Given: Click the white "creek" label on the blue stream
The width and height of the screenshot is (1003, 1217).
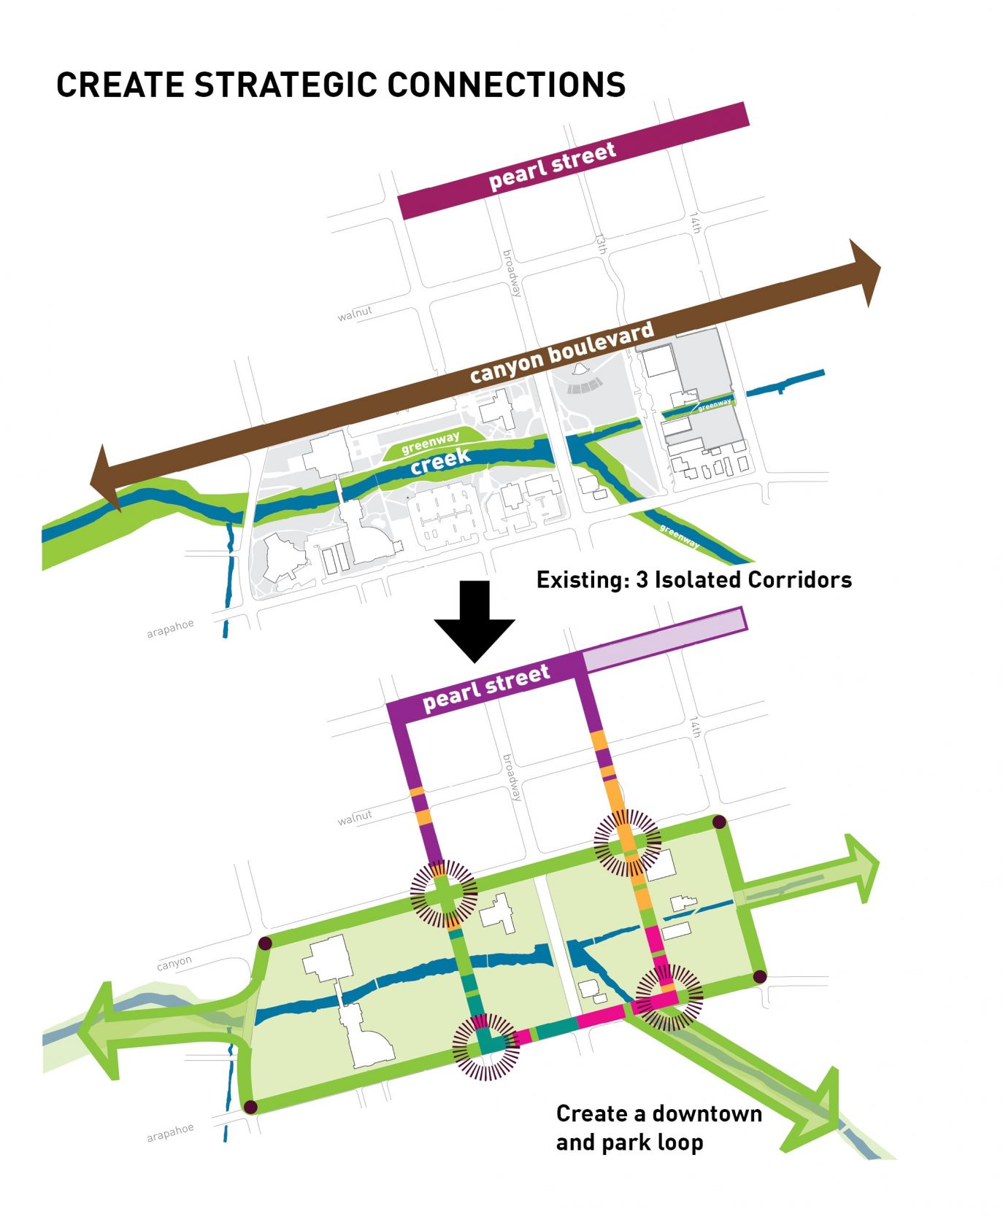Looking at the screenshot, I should pos(439,461).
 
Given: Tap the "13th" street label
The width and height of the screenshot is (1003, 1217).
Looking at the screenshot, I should pos(602,244).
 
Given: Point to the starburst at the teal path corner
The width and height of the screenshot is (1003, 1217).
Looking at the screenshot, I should pos(486,1047).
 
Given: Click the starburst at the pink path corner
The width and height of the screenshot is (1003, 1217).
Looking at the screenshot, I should pos(668,997).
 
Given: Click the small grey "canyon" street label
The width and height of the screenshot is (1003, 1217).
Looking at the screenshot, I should pos(174,963).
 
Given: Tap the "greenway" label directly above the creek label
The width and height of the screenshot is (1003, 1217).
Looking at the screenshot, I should pos(430,442).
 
